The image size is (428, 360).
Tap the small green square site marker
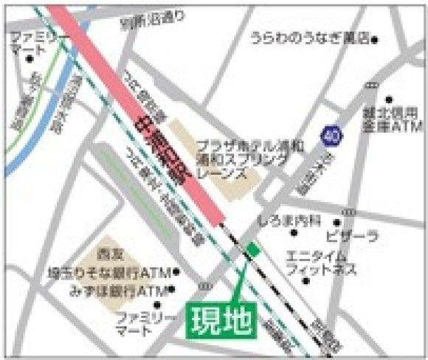pyautogui.click(x=253, y=250)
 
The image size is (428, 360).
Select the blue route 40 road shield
pyautogui.click(x=331, y=136)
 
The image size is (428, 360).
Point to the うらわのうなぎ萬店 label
pyautogui.click(x=309, y=39)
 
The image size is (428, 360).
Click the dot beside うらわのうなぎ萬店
pyautogui.click(x=375, y=39)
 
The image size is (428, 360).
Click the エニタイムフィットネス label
pyautogui.click(x=322, y=263)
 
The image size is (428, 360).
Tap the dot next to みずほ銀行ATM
pyautogui.click(x=172, y=289)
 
